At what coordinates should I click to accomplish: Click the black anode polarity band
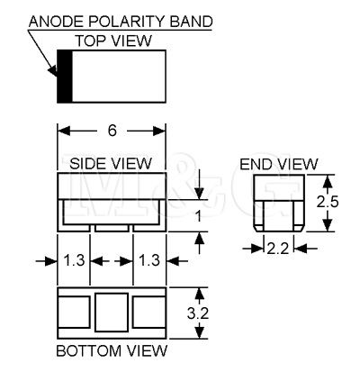65,77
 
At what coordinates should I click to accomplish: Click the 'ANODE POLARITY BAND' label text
121,22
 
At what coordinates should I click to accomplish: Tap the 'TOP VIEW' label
113,41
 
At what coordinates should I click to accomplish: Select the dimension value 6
112,131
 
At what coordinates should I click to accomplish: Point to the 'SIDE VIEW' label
111,164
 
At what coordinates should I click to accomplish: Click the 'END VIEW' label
279,164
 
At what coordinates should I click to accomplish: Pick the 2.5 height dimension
328,202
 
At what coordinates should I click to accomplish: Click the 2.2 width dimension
278,249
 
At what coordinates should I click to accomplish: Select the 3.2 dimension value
198,313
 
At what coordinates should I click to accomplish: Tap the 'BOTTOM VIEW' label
112,351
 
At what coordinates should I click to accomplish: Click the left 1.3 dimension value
74,260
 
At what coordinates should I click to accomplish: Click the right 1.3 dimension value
149,260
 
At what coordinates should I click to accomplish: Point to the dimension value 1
198,216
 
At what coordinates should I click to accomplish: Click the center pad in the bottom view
112,313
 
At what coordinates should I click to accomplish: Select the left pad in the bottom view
74,313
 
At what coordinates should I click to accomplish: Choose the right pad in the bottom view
149,313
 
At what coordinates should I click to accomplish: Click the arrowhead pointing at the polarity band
53,71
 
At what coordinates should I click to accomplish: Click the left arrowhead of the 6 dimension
64,131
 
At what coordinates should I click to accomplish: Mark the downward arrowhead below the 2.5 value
328,225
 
